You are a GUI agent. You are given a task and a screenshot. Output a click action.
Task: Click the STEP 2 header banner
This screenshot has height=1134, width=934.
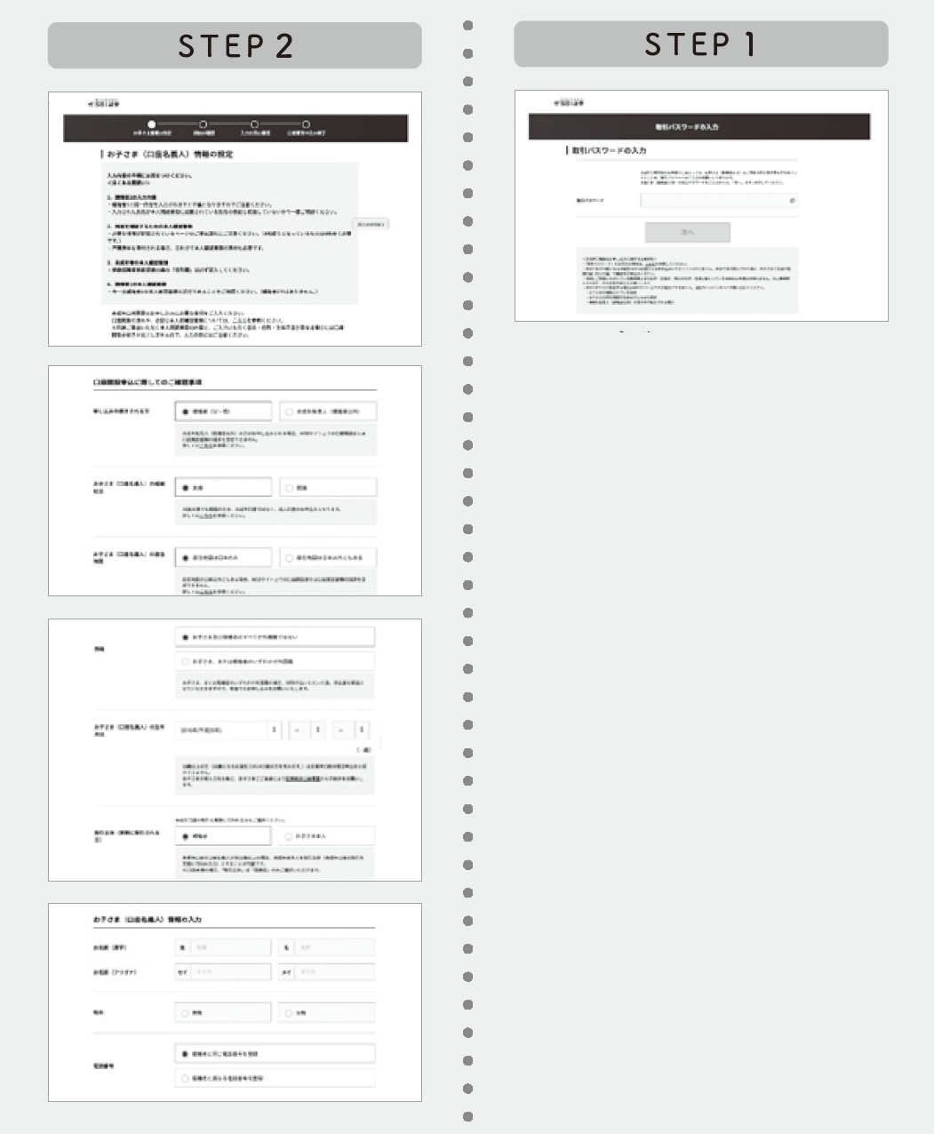tap(235, 45)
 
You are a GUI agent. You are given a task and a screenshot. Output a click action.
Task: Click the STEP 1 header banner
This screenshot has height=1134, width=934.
tap(700, 44)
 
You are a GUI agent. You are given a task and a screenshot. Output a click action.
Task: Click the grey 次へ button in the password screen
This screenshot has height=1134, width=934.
tap(687, 232)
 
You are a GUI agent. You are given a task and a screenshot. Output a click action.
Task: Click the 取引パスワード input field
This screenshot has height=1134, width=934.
tap(715, 201)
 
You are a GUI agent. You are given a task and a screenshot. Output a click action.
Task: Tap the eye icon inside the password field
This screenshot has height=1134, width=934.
tap(792, 201)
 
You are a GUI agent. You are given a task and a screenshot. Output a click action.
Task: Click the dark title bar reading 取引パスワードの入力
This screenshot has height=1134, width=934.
tap(699, 127)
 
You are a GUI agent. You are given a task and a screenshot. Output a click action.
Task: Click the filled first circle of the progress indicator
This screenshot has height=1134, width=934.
tap(151, 124)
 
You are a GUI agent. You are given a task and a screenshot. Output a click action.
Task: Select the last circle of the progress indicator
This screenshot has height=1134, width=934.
tap(306, 124)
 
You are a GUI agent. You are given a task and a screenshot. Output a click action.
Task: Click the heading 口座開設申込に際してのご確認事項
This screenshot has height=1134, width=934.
tap(148, 382)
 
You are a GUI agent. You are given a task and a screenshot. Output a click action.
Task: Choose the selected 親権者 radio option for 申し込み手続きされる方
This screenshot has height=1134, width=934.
tap(223, 411)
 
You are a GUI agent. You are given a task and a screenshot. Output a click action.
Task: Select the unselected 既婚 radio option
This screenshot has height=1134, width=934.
tap(328, 488)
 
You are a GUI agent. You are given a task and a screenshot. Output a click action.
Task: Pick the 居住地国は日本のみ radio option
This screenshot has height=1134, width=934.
tap(223, 558)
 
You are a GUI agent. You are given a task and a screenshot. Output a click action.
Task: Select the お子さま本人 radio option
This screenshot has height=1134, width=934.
tap(328, 836)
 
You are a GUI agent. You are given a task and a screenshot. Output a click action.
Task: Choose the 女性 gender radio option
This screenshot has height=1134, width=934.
tap(328, 1013)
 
